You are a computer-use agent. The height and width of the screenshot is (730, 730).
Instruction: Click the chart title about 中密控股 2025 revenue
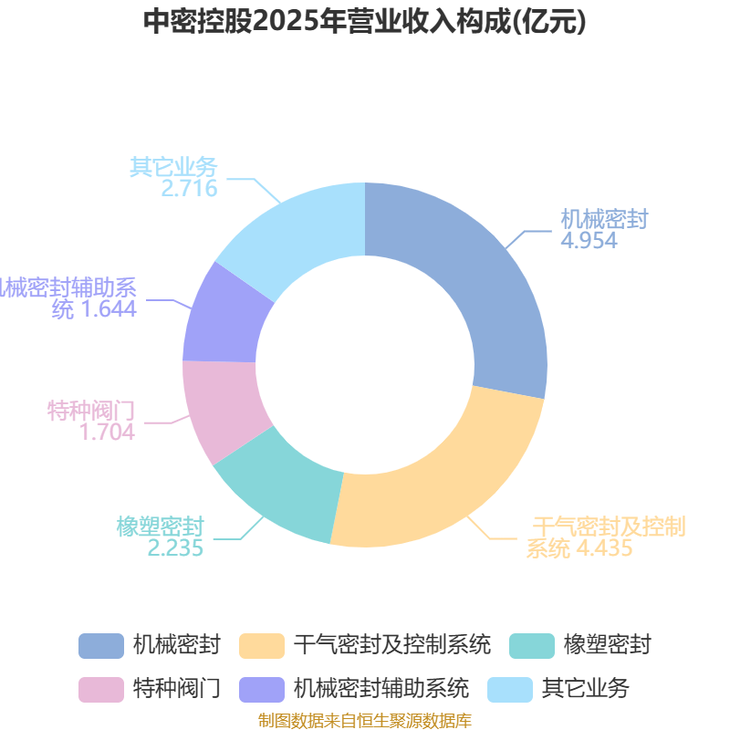[x=365, y=21]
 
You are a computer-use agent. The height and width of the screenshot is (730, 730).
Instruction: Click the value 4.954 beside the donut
[x=589, y=241]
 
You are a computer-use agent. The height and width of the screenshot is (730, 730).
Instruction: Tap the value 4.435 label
[x=602, y=548]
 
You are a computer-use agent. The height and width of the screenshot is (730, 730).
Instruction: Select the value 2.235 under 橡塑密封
[x=175, y=547]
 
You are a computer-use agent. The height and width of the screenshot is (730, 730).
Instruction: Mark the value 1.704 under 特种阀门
[x=108, y=433]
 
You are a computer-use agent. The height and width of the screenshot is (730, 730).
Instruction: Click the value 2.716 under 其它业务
[x=189, y=189]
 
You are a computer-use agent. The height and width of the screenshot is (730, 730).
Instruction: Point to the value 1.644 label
[x=109, y=308]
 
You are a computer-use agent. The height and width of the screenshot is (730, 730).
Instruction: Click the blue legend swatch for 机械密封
[x=100, y=645]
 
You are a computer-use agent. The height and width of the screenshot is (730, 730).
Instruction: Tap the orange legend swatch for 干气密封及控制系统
[x=261, y=645]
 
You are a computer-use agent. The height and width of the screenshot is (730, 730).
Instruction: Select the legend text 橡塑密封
[x=607, y=645]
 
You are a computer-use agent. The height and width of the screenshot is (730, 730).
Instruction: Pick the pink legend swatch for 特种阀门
[x=100, y=688]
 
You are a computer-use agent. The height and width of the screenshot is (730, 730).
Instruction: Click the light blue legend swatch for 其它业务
[x=510, y=688]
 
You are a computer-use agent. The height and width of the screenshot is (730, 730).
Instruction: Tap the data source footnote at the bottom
[x=365, y=721]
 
